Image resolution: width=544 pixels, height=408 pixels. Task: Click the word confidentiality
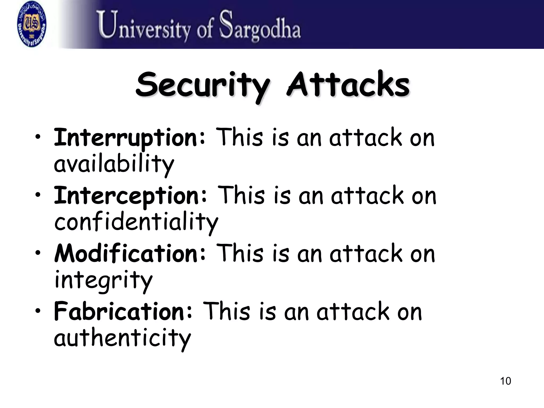pos(136,222)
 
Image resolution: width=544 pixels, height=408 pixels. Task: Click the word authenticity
pos(122,338)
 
